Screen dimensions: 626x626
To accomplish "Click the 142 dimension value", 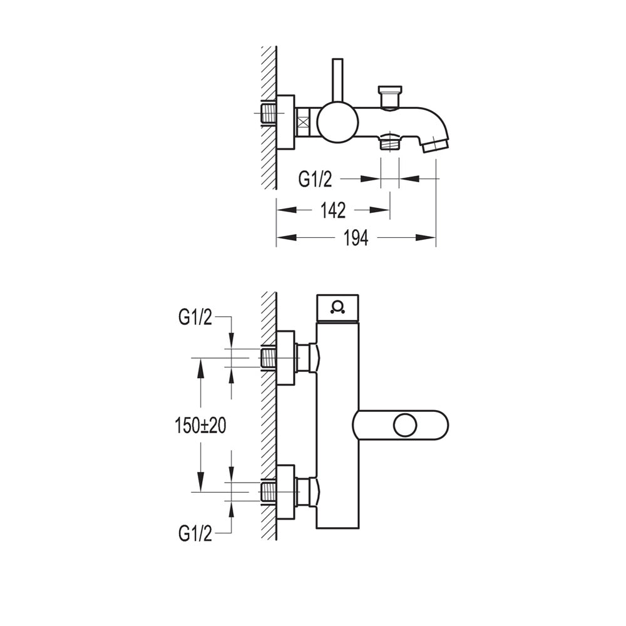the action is pos(333,210).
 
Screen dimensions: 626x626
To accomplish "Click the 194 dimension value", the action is pos(356,239).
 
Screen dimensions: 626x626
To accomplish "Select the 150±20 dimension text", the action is pos(200,426).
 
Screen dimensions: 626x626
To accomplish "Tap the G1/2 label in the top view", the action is pos(315,179).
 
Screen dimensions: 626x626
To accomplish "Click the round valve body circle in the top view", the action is pos(338,123).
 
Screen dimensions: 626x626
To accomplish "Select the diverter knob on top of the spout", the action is pos(391,96).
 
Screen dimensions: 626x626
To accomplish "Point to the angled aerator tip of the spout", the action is pos(436,145).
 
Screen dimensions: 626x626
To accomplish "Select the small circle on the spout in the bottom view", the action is pos(405,426).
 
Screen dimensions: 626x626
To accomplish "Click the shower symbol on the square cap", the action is pos(337,308).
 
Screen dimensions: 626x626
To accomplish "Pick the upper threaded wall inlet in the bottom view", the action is pos(269,358).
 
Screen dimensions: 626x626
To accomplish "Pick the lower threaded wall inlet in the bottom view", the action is pos(269,493).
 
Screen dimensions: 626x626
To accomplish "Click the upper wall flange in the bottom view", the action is pos(285,358).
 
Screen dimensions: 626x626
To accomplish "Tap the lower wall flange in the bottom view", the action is pos(285,493).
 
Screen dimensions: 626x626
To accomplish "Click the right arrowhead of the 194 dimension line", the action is pos(426,237).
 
